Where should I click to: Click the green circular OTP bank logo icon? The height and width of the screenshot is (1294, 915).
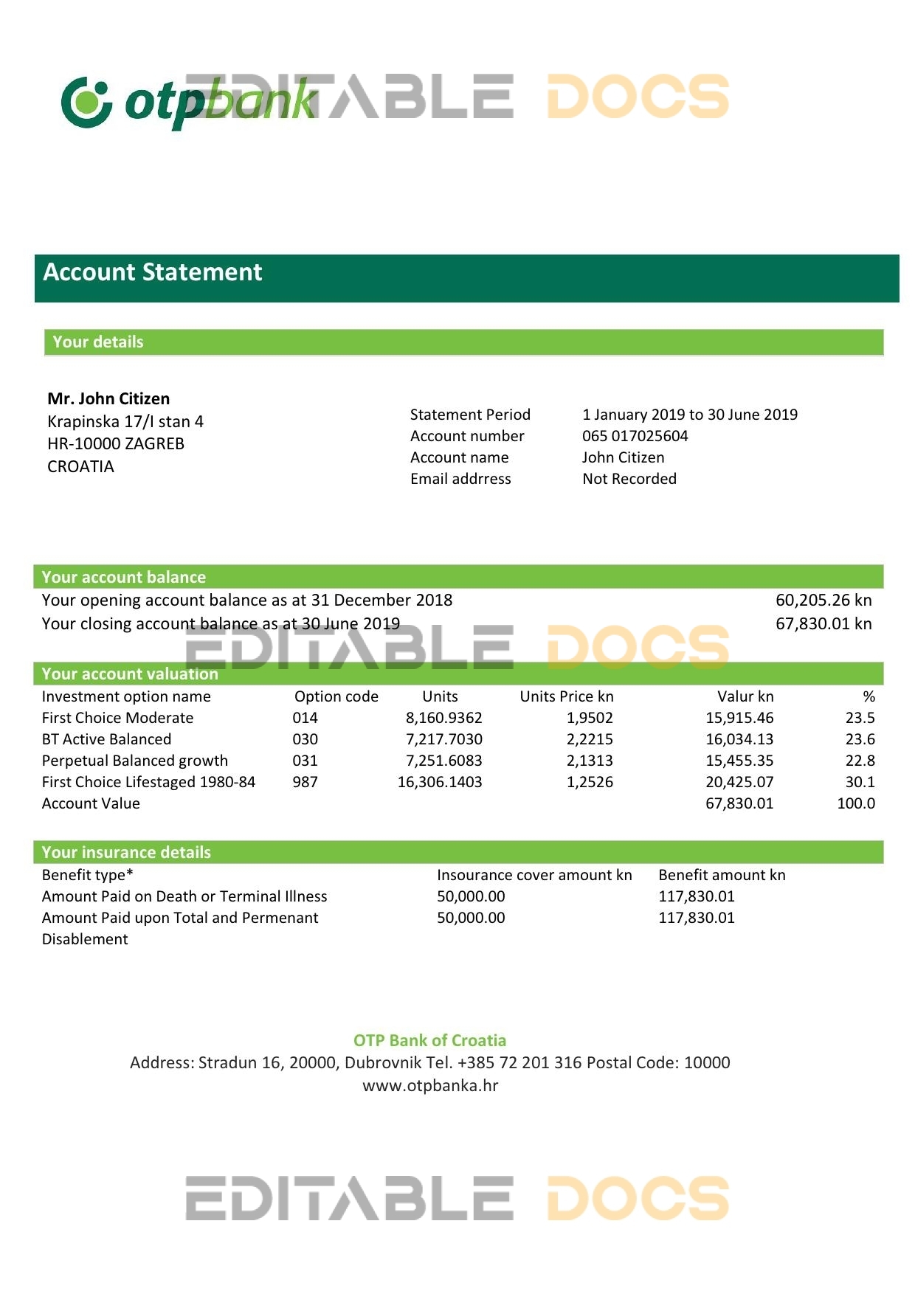(x=86, y=102)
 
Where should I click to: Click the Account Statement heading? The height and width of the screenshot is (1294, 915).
(x=153, y=272)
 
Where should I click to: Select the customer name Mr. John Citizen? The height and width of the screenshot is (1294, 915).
(x=108, y=399)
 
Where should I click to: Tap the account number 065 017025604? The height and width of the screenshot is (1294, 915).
(x=635, y=436)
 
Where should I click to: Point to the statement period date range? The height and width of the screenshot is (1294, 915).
(x=689, y=415)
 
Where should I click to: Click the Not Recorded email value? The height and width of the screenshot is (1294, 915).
(x=629, y=479)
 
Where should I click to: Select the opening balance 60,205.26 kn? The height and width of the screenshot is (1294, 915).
(x=823, y=601)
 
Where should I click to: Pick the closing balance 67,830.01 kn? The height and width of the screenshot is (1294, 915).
(x=823, y=624)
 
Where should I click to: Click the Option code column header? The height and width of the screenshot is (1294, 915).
(x=336, y=696)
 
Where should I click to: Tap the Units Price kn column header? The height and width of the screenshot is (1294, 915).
(x=566, y=696)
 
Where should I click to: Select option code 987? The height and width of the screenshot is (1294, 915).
(x=305, y=782)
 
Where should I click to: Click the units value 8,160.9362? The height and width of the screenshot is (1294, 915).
(x=443, y=718)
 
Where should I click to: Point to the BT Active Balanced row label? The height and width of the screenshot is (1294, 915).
(x=106, y=739)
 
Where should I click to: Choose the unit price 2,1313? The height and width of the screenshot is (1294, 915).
(x=590, y=761)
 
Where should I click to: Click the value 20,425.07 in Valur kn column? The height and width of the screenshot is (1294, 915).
(x=739, y=782)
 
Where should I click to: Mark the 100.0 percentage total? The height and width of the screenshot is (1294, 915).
(x=855, y=803)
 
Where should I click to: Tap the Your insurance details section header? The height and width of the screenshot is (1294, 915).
(x=126, y=853)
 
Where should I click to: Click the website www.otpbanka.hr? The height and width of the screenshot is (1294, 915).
(x=430, y=1086)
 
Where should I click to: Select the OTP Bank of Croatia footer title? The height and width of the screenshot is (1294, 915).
(x=429, y=1041)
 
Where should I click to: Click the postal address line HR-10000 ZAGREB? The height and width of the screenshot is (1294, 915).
(x=116, y=444)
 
